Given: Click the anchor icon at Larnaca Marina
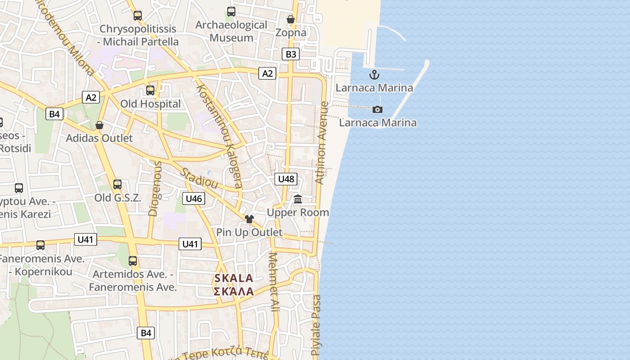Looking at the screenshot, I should tap(374, 75).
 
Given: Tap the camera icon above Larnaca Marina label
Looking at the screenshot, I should tap(378, 109).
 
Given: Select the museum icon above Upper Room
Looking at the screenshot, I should tap(298, 199).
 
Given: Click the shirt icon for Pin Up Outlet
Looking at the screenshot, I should tap(249, 219).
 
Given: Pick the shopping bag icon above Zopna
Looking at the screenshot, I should tap(291, 19).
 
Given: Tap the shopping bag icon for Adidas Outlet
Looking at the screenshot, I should tap(99, 125).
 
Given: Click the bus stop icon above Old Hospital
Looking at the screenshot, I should tap(150, 90).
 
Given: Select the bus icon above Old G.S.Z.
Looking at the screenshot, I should tap(117, 184).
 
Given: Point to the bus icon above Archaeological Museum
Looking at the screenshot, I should tap(231, 12).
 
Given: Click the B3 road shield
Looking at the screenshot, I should tap(291, 54).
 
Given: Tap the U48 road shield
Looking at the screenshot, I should tap(286, 179).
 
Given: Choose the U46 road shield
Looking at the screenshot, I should tap(193, 198).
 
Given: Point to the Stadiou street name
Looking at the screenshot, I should tap(199, 179).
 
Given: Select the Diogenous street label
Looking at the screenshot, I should tap(154, 189).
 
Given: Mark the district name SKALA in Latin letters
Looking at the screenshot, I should tap(234, 278).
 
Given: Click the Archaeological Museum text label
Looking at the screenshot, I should tap(231, 31).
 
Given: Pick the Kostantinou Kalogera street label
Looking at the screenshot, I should tap(220, 135).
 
